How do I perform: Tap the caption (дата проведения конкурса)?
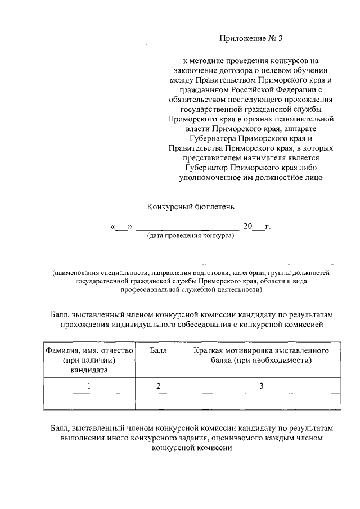coord(190,236)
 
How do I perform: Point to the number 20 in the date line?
coord(247,226)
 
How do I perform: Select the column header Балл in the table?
coord(159,350)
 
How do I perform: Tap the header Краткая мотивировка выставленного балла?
coord(260,355)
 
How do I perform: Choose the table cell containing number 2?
coord(159,386)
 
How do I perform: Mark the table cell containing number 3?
coord(260,386)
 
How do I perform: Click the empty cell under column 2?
coord(159,402)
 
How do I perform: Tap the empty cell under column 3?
coord(260,402)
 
